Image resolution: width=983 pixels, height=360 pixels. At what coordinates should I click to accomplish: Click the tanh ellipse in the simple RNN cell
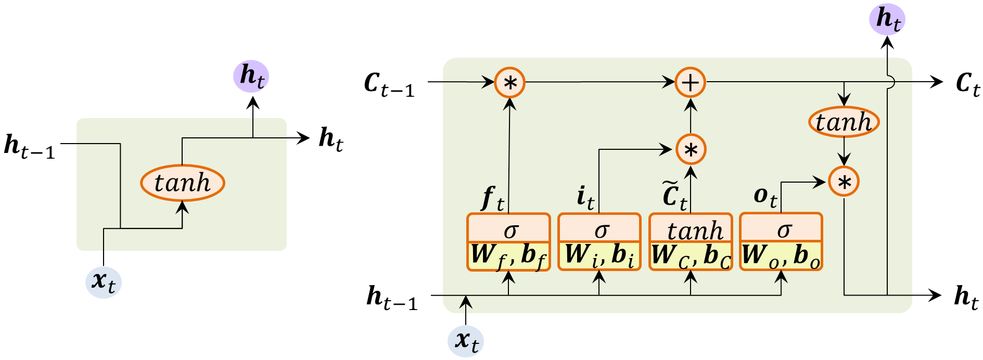pos(182,183)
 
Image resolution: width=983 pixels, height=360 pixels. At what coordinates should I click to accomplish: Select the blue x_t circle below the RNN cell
pos(104,282)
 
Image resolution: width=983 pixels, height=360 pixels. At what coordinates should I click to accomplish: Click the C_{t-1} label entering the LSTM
pos(389,84)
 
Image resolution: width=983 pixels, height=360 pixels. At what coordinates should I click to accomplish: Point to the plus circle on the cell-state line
pos(690,83)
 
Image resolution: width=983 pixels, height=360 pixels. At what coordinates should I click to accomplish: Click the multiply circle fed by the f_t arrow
pos(509,83)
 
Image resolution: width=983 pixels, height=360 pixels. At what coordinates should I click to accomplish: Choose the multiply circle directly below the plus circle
pos(691,150)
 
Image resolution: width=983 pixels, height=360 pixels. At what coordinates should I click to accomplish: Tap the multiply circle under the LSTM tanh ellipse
pos(844,182)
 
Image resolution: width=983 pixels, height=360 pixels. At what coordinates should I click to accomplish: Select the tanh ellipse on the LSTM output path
pos(844,123)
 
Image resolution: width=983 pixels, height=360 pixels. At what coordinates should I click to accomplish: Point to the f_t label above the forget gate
pos(492,199)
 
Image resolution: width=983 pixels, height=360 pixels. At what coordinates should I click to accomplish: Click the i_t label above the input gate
pos(585,198)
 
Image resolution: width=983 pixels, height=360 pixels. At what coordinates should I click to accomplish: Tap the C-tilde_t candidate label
pos(675,196)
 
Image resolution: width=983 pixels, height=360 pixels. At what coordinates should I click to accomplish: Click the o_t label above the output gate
pos(765,197)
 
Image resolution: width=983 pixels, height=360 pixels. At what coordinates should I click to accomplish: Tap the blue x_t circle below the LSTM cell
pos(466,341)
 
